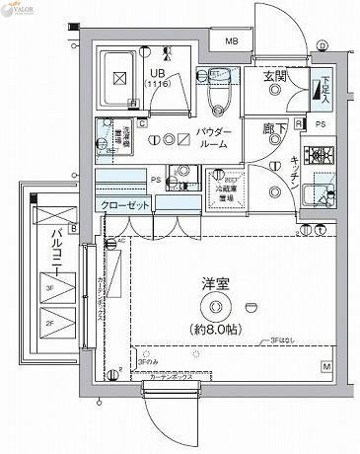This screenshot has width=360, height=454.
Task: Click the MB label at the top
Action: click(230, 41)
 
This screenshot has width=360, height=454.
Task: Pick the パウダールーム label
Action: click(213, 137)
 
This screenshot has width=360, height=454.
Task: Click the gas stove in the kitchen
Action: click(318, 155)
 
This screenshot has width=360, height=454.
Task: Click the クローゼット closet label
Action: click(124, 204)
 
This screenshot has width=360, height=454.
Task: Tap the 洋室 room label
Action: click(216, 284)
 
